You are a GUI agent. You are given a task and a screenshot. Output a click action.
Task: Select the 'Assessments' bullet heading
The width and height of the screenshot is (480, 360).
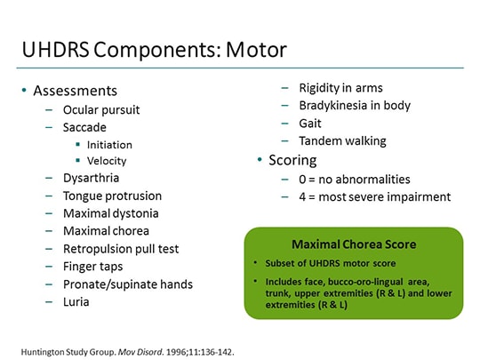75,91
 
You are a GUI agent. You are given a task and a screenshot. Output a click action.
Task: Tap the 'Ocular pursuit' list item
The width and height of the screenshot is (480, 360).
101,110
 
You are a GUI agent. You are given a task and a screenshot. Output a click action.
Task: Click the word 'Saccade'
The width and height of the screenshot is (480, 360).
84,128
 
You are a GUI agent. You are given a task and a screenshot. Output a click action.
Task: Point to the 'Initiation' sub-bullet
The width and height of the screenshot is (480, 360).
109,145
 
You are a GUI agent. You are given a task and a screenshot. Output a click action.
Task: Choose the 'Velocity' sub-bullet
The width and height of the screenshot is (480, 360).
107,161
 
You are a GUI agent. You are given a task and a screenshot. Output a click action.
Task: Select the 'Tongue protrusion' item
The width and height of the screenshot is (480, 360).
112,196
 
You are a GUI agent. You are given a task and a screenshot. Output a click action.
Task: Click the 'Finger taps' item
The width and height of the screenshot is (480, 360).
93,267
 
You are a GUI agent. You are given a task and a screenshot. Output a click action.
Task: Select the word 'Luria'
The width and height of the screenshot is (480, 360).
77,302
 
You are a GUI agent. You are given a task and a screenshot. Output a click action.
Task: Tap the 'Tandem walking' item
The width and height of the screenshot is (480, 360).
342,140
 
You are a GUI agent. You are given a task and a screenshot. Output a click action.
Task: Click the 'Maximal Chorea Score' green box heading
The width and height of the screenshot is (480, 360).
353,244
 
